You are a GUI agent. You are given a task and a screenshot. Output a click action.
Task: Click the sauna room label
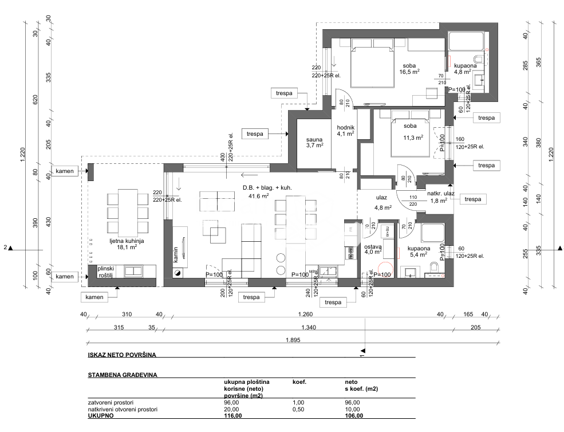314,139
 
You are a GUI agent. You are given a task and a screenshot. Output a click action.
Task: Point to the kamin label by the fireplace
176,256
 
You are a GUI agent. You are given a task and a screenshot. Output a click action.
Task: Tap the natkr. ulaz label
441,194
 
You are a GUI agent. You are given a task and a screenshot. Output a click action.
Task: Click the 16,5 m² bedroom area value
409,72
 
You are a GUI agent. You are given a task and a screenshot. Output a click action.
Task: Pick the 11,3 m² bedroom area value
413,138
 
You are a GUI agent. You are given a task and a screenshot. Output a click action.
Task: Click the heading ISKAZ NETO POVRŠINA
121,355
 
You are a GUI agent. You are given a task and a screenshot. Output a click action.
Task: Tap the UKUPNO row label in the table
100,415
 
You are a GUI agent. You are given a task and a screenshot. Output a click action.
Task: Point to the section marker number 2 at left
5,248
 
